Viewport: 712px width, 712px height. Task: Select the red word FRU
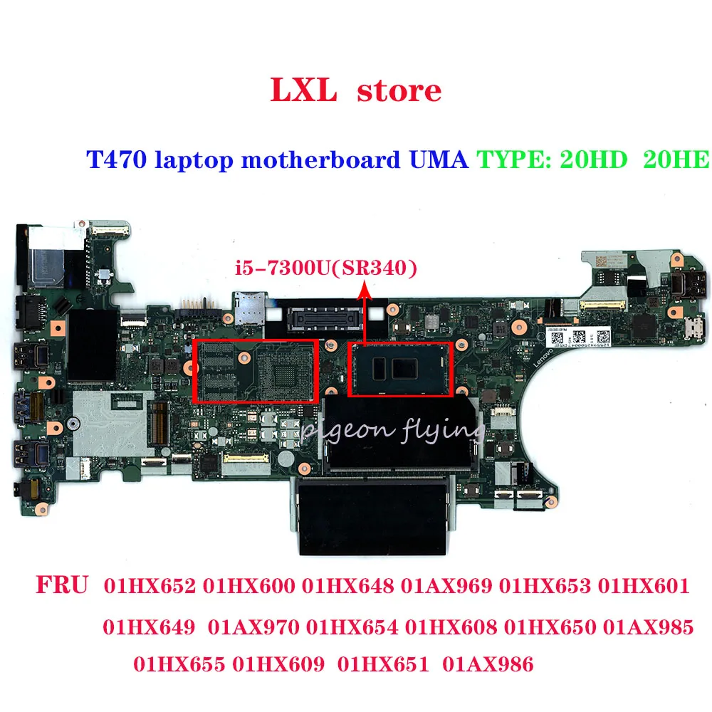pyautogui.click(x=61, y=587)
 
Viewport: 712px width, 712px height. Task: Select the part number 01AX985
pyautogui.click(x=648, y=627)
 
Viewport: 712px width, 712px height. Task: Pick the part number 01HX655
pyautogui.click(x=179, y=666)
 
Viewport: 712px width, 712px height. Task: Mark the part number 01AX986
pyautogui.click(x=488, y=666)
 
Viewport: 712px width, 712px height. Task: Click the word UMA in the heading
pyautogui.click(x=439, y=159)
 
